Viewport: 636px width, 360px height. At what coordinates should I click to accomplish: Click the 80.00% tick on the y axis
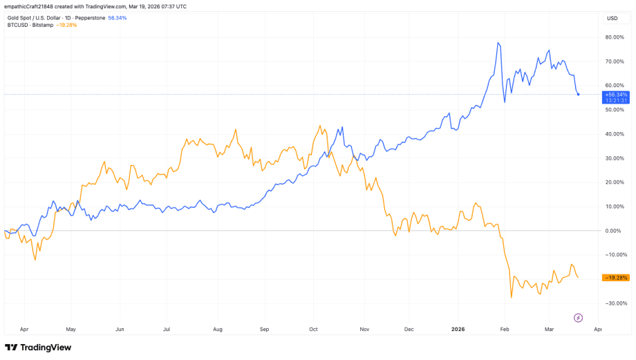tap(615, 37)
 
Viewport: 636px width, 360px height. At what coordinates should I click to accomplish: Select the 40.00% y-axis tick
tap(615, 134)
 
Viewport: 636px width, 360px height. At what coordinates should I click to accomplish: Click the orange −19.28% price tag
tap(615, 278)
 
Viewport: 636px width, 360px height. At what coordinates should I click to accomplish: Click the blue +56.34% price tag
tap(615, 95)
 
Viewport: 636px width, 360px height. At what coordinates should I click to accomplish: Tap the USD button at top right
tap(612, 18)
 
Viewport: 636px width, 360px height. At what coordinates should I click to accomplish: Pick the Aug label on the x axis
tap(217, 330)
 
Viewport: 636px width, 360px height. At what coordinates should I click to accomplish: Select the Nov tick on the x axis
tap(364, 330)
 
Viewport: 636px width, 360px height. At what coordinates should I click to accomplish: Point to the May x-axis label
tap(70, 330)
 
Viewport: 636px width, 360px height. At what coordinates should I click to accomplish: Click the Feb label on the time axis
tap(505, 330)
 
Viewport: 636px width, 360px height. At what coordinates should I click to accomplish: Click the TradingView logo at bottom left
tap(38, 348)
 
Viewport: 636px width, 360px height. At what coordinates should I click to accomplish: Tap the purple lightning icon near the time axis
tap(579, 318)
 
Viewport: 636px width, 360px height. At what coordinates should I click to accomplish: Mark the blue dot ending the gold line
tap(578, 94)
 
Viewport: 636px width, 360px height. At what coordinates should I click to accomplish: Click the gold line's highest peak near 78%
tap(498, 43)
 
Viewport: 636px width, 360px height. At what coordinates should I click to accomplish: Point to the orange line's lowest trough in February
tap(512, 298)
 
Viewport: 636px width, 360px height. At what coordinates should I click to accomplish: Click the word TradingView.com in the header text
tap(122, 6)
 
